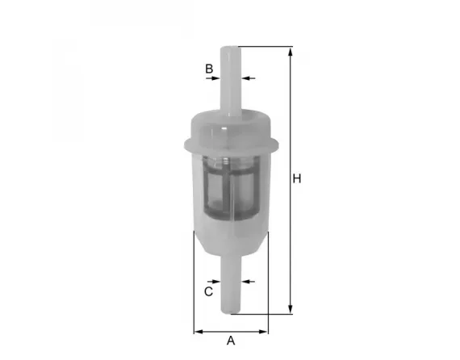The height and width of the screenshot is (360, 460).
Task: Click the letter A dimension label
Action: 231,340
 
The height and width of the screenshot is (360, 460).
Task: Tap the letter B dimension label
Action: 208,69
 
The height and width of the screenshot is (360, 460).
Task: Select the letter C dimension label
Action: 208,291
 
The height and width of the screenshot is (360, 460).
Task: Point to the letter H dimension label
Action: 297,178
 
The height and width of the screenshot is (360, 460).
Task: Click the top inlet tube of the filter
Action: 231,81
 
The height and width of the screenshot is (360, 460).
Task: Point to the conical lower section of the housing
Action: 231,242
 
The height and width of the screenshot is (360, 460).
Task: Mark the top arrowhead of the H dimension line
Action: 290,51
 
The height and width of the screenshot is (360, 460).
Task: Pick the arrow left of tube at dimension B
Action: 215,78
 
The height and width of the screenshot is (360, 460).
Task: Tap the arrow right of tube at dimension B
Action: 246,78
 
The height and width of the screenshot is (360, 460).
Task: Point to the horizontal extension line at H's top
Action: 266,47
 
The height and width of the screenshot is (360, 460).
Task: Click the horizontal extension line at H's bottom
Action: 266,314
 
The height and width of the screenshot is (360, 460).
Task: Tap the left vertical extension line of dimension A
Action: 194,283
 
